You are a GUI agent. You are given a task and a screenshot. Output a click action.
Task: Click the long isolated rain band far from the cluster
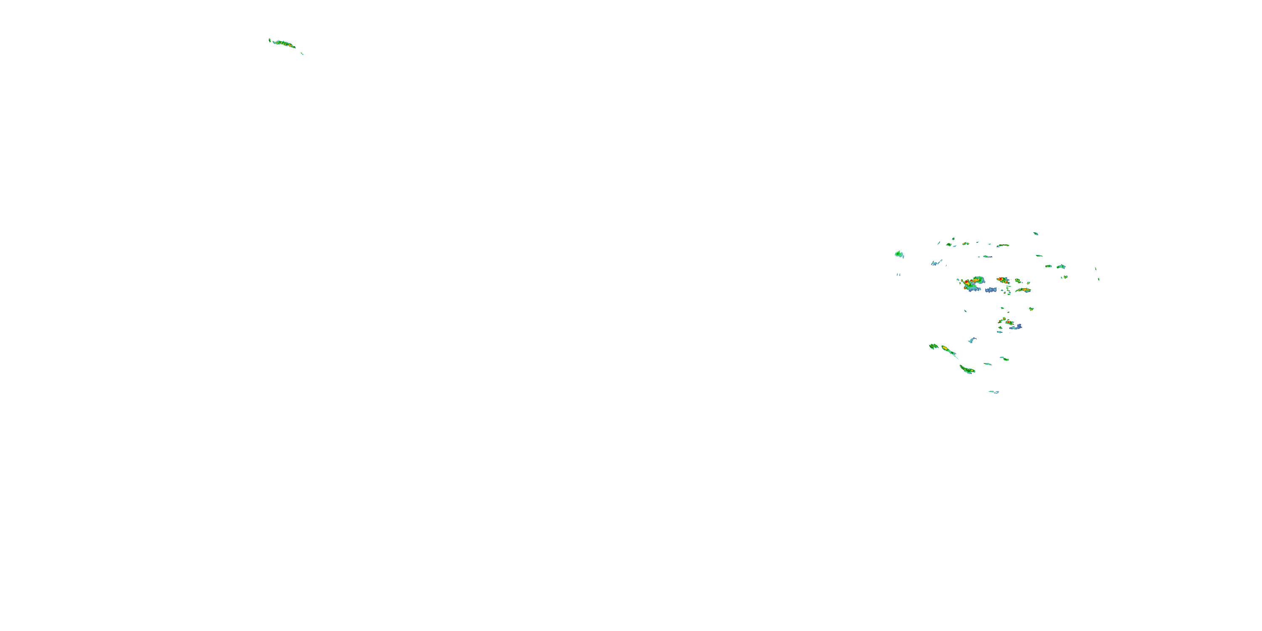pyautogui.click(x=283, y=44)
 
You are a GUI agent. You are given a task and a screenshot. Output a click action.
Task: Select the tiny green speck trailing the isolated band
pyautogui.click(x=302, y=54)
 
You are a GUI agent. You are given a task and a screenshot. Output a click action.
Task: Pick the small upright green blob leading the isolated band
pyautogui.click(x=270, y=40)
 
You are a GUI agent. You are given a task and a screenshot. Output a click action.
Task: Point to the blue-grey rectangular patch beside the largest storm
pyautogui.click(x=991, y=290)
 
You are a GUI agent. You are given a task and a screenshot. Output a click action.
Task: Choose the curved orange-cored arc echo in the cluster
pyautogui.click(x=1023, y=290)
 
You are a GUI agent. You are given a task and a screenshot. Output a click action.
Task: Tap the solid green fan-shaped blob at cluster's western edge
pyautogui.click(x=899, y=254)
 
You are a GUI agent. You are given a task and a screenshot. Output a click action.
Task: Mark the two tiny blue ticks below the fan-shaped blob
pyautogui.click(x=899, y=274)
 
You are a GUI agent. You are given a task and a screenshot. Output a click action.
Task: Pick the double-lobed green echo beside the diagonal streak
pyautogui.click(x=933, y=346)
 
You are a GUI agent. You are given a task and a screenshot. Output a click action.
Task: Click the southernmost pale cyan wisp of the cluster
pyautogui.click(x=994, y=392)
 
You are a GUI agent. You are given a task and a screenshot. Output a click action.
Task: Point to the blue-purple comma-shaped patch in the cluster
pyautogui.click(x=1017, y=327)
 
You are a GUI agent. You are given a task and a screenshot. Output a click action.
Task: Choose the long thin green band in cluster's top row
pyautogui.click(x=1003, y=245)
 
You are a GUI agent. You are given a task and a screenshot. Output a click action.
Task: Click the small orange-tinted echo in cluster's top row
pyautogui.click(x=965, y=244)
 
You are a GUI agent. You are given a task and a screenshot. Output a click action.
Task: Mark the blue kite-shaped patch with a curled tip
pyautogui.click(x=972, y=340)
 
